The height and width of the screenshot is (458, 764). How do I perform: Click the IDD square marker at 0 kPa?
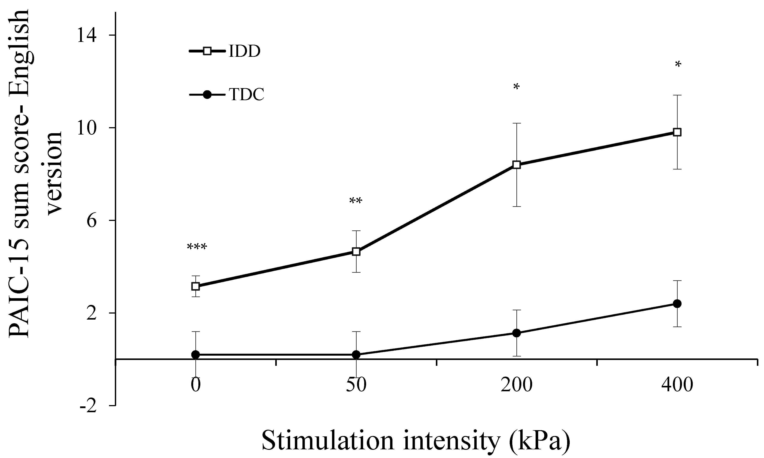point(195,286)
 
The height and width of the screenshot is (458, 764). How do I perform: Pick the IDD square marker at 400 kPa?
point(677,132)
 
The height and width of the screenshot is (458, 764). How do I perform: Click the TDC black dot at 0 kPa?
point(195,355)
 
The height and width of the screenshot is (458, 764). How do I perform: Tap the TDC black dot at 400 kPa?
point(677,304)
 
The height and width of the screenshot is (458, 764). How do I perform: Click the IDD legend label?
point(244,52)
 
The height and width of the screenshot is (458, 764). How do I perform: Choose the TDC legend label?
point(247,95)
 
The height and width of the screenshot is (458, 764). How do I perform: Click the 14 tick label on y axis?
point(87,35)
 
